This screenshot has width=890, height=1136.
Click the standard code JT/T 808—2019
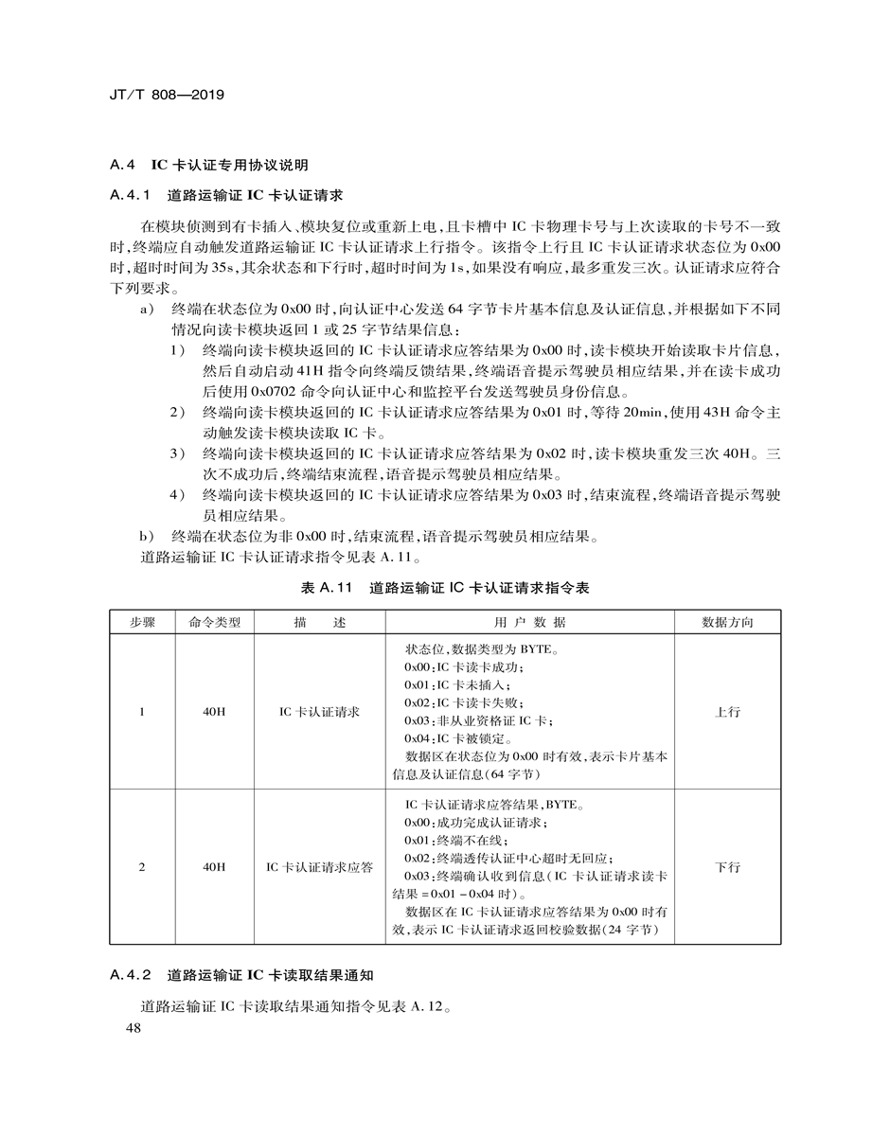(x=167, y=96)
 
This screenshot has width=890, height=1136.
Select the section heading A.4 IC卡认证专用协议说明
(x=209, y=165)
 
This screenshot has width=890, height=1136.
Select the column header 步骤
(x=142, y=622)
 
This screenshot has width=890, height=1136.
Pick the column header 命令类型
(x=215, y=622)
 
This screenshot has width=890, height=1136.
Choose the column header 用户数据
(x=529, y=622)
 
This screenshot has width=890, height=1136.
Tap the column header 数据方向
(x=727, y=622)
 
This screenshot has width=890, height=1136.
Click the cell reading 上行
(x=727, y=711)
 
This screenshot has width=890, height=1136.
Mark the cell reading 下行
(x=727, y=866)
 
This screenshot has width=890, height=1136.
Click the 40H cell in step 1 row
(x=215, y=711)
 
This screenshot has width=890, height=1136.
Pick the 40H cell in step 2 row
(x=215, y=866)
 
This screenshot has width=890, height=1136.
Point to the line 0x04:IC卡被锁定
(x=458, y=738)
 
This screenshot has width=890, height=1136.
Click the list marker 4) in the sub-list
(x=178, y=495)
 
